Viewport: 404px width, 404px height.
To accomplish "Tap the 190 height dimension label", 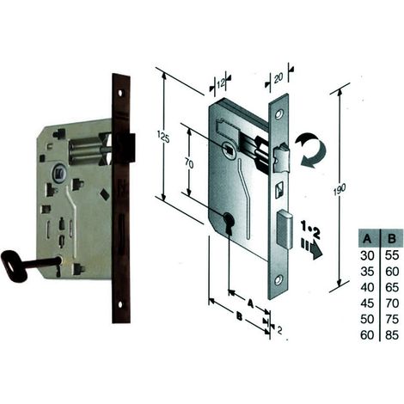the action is pos(340,190).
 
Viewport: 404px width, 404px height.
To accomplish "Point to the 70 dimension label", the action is pos(189,163).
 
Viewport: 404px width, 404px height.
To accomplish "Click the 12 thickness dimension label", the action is pos(221,84).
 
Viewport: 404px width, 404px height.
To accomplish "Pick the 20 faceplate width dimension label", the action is pos(279,78).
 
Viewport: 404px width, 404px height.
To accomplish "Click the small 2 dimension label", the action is pos(279,330).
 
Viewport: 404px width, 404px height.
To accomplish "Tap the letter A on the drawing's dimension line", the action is pos(250,303).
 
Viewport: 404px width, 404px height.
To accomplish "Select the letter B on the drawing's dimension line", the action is pos(239,317).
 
